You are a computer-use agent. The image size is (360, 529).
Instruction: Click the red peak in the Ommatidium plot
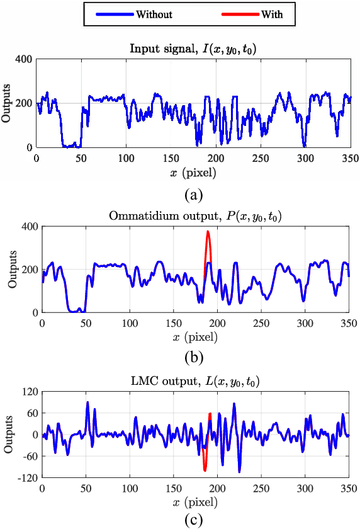208,232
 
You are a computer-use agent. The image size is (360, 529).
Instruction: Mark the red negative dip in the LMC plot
205,469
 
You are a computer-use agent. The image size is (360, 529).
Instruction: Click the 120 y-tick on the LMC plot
26,392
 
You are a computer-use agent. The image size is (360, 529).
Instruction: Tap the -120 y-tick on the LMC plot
25,478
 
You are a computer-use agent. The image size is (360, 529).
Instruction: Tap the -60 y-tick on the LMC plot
27,457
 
